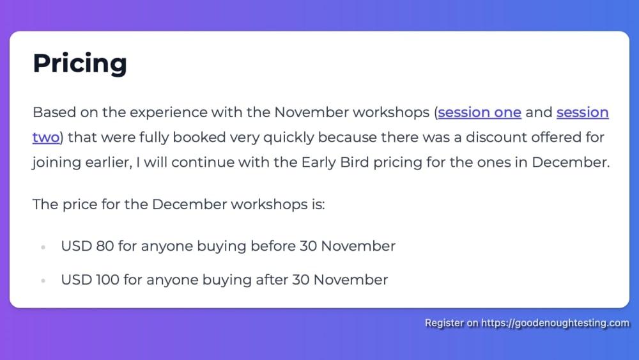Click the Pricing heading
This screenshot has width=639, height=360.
tap(80, 63)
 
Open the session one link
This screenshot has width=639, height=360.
tap(480, 112)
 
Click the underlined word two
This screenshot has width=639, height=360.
tap(46, 137)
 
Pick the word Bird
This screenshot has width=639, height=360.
tap(355, 162)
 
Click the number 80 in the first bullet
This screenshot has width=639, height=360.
tap(105, 246)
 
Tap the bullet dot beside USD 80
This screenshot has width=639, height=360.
tap(43, 247)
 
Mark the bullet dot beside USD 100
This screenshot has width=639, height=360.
tap(43, 281)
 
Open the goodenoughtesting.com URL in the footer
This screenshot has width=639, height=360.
tap(555, 323)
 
